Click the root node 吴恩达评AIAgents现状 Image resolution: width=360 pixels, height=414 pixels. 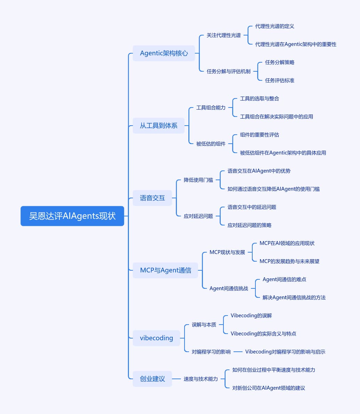[x=72, y=216]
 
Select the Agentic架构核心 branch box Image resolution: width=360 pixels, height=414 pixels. [x=164, y=53]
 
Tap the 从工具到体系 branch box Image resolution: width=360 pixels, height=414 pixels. [x=158, y=126]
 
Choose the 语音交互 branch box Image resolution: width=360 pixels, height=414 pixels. [x=152, y=198]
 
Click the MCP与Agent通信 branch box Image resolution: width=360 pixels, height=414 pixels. [x=165, y=270]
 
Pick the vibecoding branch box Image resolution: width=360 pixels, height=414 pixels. [x=156, y=338]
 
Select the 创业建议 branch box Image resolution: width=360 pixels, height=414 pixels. [x=152, y=379]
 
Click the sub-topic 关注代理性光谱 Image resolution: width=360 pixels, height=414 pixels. [x=224, y=35]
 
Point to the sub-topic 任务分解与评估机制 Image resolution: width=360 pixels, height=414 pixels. [x=229, y=71]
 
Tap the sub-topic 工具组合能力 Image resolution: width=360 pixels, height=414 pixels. [x=211, y=108]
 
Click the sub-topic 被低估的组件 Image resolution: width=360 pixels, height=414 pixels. [x=211, y=144]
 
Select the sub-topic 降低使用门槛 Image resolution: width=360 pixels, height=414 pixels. [x=198, y=180]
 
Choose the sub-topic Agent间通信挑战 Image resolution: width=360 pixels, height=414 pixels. [x=229, y=288]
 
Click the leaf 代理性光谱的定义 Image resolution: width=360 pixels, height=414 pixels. [x=275, y=26]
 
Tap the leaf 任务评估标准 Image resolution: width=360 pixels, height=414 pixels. [x=280, y=80]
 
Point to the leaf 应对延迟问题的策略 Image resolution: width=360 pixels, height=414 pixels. [x=249, y=225]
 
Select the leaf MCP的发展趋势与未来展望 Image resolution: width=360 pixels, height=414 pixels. [x=289, y=261]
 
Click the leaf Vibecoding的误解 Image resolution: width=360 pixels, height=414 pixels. [x=251, y=316]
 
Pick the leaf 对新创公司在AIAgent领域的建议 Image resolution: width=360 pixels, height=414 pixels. [x=269, y=388]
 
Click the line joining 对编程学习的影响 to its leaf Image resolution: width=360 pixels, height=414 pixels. [x=238, y=352]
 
